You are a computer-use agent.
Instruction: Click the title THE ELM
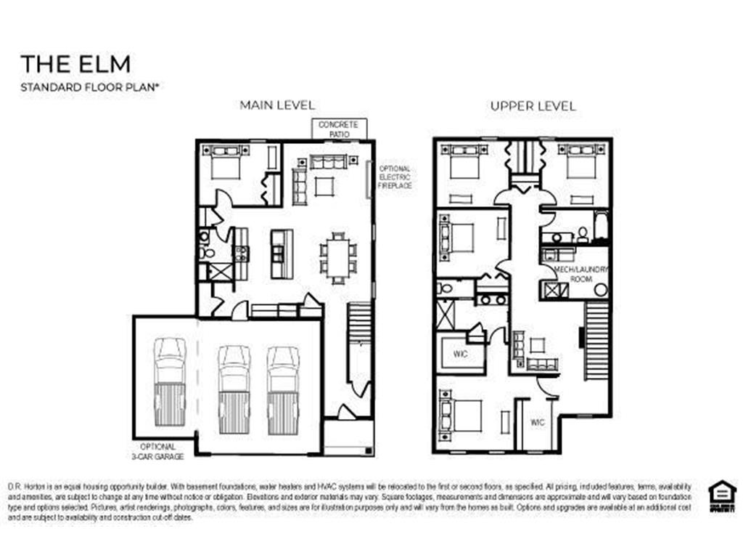tap(75, 64)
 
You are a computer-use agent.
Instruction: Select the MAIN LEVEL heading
tap(277, 105)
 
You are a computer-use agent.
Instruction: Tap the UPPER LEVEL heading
tap(533, 105)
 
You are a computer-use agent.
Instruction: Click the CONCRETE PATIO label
tap(338, 129)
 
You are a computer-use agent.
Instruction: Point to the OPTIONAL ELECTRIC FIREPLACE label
tap(395, 177)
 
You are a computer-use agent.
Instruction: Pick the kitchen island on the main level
tap(282, 254)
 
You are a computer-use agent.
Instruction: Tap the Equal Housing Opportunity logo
tap(722, 496)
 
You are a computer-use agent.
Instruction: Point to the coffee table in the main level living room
tap(324, 187)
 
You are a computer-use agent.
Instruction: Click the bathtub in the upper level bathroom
tap(602, 226)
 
